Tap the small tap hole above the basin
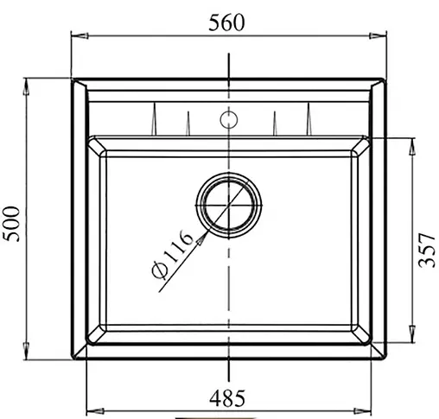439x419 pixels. coord(228,117)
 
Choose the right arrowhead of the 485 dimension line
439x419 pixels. coord(363,408)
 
